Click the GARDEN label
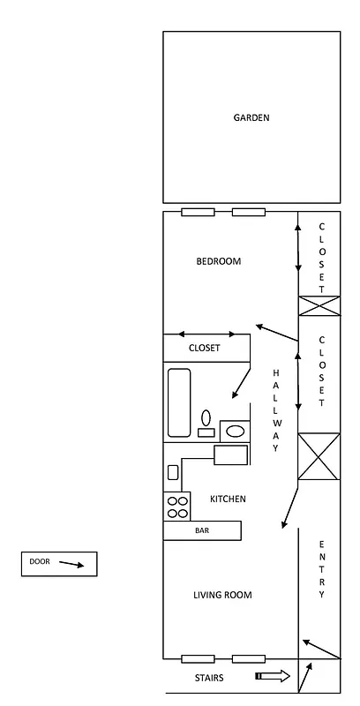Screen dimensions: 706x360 [x=251, y=117]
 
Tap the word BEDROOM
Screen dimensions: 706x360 [x=218, y=261]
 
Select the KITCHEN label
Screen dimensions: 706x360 [x=228, y=499]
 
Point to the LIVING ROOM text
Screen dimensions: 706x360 [x=222, y=596]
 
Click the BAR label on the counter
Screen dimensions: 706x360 [x=202, y=531]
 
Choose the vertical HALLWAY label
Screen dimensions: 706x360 [x=275, y=411]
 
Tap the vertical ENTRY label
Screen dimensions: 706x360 [x=322, y=569]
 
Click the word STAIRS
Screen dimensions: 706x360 [x=209, y=679]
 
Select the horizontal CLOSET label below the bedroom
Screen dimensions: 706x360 [x=205, y=349]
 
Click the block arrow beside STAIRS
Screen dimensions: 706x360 [x=273, y=677]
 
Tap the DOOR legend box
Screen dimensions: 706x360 [x=58, y=563]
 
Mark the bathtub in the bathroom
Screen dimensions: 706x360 [x=179, y=402]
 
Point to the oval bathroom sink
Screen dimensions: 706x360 [x=235, y=431]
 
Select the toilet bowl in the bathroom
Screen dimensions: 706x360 [x=206, y=419]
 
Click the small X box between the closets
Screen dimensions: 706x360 [x=319, y=305]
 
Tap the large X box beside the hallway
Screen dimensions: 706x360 [x=319, y=456]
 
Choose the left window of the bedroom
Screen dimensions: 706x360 [x=198, y=212]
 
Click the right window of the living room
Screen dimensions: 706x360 [x=249, y=658]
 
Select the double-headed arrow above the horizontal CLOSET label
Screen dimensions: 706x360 [x=207, y=334]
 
